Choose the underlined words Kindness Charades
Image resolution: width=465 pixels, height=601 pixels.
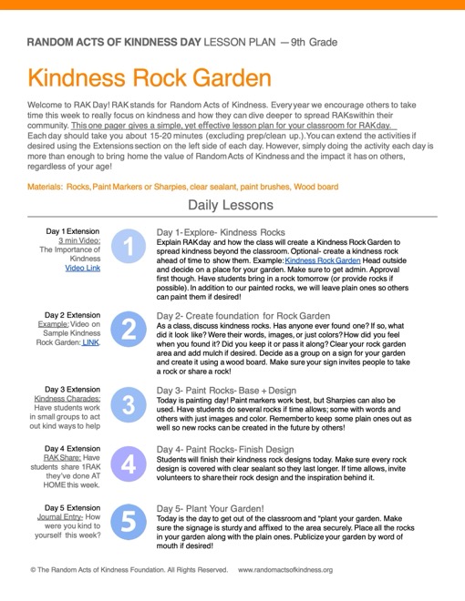coord(72,400)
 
